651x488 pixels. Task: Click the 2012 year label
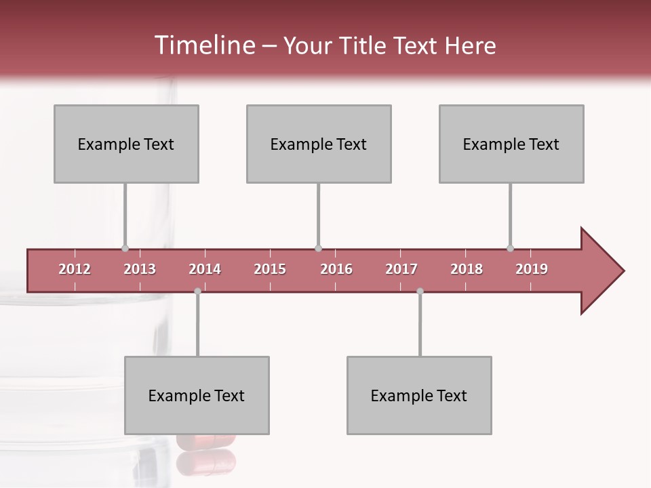pos(75,269)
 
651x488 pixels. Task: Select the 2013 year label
pos(140,269)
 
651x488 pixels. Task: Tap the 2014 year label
pos(205,269)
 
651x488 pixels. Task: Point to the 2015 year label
pos(270,269)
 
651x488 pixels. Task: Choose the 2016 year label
pos(336,269)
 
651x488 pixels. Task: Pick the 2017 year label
pos(401,269)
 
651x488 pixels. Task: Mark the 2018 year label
pos(467,269)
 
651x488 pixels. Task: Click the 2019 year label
pos(532,269)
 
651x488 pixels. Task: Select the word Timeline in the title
pos(203,45)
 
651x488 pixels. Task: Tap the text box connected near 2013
pos(126,144)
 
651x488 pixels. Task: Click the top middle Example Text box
pos(319,144)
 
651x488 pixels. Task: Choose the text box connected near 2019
pos(511,144)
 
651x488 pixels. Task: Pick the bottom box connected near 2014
pos(197,395)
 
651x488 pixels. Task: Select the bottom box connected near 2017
pos(419,395)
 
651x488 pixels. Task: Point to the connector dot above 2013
pos(125,248)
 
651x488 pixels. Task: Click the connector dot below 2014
pos(197,291)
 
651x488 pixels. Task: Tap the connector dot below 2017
pos(420,291)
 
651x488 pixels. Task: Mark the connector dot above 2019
pos(510,248)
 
